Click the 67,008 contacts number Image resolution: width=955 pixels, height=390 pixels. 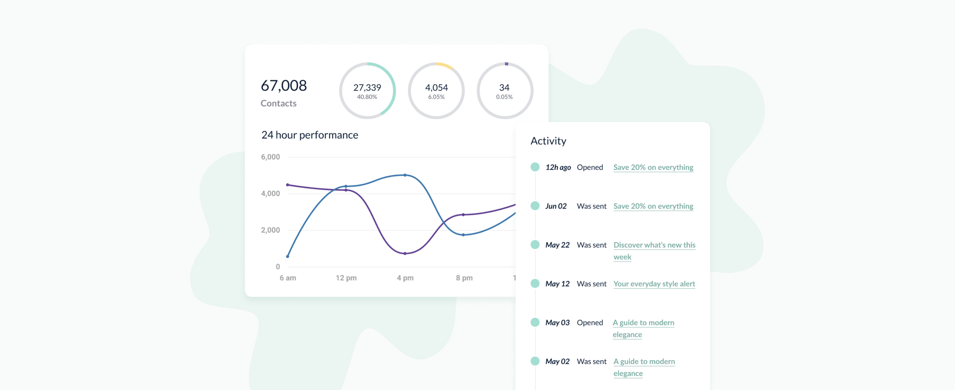click(x=284, y=86)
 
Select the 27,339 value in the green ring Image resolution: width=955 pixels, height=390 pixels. click(x=367, y=87)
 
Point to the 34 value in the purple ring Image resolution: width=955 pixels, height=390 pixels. click(x=504, y=87)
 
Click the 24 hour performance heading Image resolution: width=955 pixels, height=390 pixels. click(x=309, y=135)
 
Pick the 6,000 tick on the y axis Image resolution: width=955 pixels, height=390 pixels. click(x=270, y=157)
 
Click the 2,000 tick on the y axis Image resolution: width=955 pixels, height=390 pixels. click(x=270, y=230)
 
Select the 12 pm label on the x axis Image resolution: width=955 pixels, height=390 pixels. click(x=346, y=278)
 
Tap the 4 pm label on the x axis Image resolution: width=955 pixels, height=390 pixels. click(x=405, y=278)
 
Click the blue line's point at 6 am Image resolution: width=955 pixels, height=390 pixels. click(x=288, y=256)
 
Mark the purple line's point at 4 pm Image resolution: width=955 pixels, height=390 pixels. click(x=405, y=254)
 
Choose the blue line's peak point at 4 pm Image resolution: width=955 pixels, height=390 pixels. click(x=405, y=175)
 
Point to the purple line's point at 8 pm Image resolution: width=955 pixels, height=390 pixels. click(x=463, y=215)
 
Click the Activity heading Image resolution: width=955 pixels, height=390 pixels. click(x=548, y=141)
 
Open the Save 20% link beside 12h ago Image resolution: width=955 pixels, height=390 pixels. click(x=653, y=168)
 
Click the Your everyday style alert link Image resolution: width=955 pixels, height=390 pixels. click(x=654, y=284)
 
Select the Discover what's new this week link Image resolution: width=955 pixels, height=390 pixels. click(x=654, y=251)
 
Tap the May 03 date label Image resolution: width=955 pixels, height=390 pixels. click(x=557, y=322)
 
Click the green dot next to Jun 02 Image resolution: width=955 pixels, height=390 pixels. click(x=535, y=206)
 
